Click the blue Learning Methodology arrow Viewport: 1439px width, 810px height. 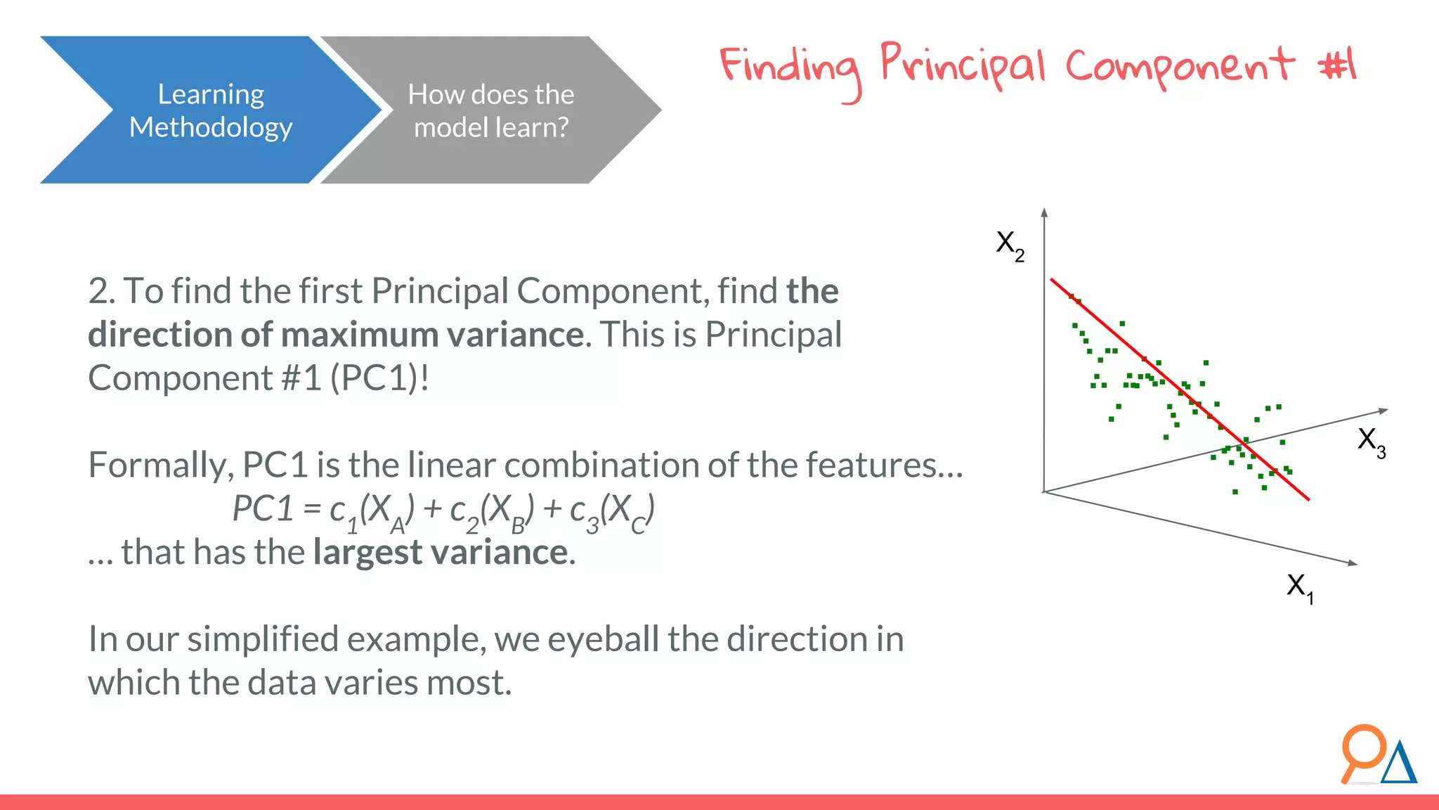(210, 110)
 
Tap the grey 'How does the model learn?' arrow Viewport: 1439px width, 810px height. (490, 110)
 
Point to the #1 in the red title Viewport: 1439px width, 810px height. (1338, 65)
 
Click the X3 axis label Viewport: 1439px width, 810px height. (1371, 442)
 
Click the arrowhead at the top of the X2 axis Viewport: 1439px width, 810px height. (1045, 212)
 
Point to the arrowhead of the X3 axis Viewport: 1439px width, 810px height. (1383, 411)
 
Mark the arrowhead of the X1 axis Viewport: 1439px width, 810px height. (1352, 562)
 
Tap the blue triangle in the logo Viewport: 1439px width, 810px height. (1399, 764)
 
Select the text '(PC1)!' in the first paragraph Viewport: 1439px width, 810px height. (379, 378)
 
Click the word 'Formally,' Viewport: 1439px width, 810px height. (161, 465)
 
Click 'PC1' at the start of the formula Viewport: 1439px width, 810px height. (262, 509)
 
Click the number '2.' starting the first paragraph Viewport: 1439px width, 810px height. (101, 291)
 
